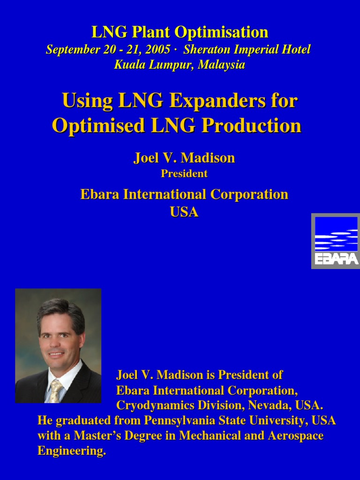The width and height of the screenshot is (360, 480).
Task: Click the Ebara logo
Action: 336,241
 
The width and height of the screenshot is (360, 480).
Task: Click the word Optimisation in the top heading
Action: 221,32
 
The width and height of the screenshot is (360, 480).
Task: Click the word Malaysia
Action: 221,65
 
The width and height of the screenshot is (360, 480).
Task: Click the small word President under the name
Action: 184,173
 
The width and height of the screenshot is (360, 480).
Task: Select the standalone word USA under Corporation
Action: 184,212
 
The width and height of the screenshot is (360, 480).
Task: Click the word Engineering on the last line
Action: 71,451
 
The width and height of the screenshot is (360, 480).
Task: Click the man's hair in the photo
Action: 60,312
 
